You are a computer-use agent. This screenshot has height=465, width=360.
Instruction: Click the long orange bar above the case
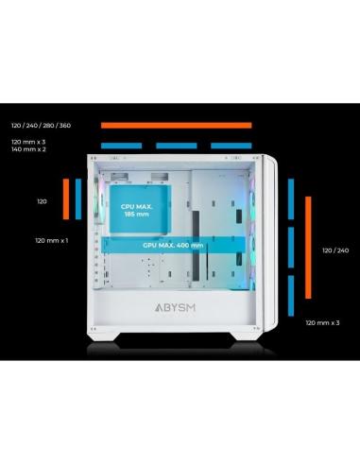point(176,125)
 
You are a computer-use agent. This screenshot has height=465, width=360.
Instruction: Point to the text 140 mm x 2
point(28,149)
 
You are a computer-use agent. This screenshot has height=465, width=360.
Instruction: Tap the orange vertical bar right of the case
point(304,249)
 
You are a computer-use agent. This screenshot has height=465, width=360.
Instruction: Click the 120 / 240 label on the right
point(335,250)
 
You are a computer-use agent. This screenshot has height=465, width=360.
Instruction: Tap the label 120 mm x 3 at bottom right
point(322,322)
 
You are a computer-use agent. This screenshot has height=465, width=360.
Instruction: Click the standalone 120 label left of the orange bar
point(42,201)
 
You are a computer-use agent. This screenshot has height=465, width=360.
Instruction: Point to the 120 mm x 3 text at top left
point(28,141)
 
